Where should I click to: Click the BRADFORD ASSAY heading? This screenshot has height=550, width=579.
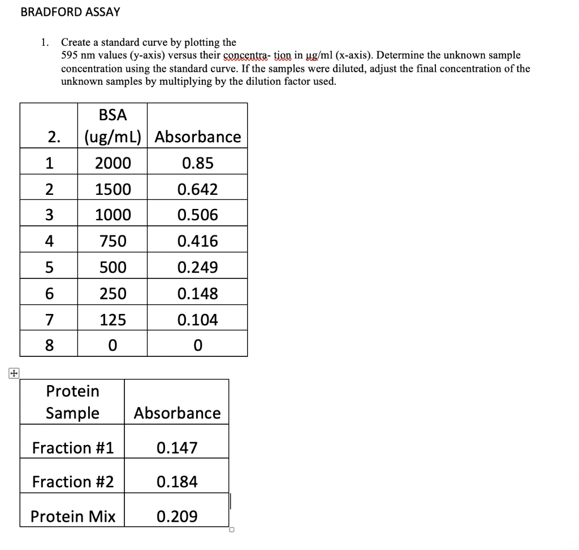coord(70,12)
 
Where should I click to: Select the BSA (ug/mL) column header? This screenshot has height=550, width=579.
coord(113,126)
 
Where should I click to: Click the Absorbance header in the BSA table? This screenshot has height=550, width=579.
coord(197,137)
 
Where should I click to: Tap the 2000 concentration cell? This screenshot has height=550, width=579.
coord(113,163)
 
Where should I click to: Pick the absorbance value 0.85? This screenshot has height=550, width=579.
coord(197,163)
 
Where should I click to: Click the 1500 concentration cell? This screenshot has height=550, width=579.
coord(113,189)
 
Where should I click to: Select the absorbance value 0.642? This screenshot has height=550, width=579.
coord(197,189)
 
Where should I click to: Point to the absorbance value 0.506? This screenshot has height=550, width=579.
coord(197,215)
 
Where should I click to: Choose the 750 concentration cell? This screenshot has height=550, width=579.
coord(113,242)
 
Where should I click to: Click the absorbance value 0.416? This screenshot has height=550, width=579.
coord(197,242)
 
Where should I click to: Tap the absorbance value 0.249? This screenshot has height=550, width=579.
coord(197,268)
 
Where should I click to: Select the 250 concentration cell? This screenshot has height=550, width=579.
coord(113,294)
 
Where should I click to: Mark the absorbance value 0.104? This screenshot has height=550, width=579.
coord(197,320)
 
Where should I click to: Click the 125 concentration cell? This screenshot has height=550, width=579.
coord(113,320)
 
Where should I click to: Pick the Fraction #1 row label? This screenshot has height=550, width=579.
coord(73,448)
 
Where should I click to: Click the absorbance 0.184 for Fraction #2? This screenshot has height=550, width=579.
coord(177,482)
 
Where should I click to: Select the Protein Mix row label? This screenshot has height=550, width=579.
coord(73,517)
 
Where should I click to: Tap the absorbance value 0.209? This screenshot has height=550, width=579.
coord(177,517)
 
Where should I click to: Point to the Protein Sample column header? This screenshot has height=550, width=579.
coord(72,402)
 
